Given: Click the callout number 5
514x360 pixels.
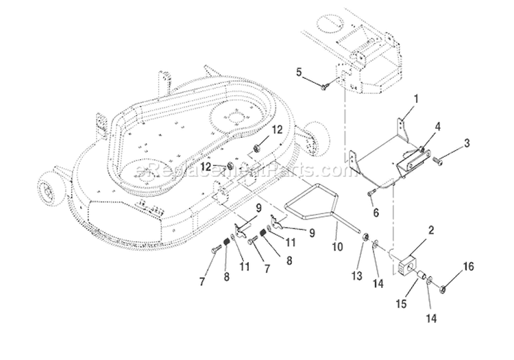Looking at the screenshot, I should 298,71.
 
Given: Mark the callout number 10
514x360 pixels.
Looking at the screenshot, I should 335,244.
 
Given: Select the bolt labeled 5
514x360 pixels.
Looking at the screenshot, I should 324,85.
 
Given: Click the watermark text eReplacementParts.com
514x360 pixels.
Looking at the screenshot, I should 233,170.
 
